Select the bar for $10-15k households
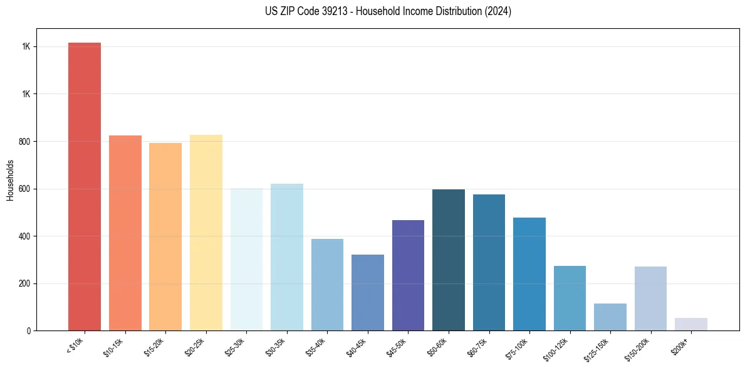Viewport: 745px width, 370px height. pyautogui.click(x=125, y=233)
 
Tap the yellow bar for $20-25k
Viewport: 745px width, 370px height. pyautogui.click(x=206, y=233)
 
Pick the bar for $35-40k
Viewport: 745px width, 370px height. pyautogui.click(x=327, y=285)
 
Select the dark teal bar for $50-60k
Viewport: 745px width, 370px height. pyautogui.click(x=449, y=260)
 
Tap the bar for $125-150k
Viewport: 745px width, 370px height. pyautogui.click(x=610, y=317)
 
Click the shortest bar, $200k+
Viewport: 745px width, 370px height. pyautogui.click(x=691, y=324)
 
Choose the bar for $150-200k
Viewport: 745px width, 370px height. pyautogui.click(x=650, y=299)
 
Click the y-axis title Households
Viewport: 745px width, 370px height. pyautogui.click(x=10, y=180)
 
